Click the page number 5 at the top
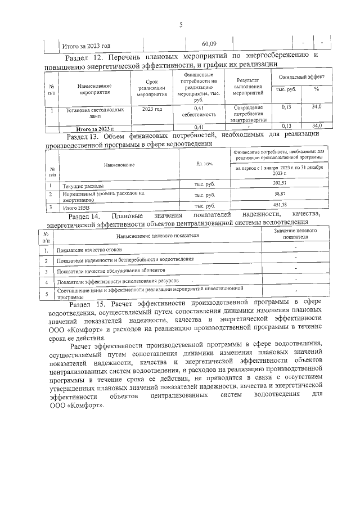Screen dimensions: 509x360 click(181, 24)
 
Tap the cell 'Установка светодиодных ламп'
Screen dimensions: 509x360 click(89, 111)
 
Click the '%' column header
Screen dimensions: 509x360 click(316, 89)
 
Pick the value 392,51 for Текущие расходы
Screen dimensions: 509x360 click(280, 183)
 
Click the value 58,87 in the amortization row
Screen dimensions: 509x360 click(280, 194)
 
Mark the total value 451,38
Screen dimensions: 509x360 click(280, 205)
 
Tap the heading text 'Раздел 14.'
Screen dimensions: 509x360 click(84, 216)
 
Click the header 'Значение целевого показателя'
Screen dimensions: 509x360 click(294, 234)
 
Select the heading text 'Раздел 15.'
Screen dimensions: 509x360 click(85, 303)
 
